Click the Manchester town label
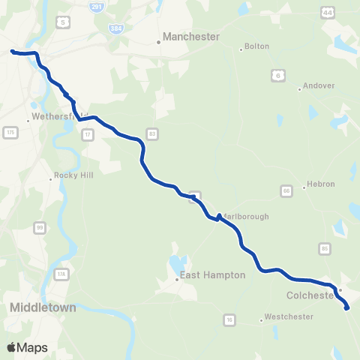[192, 36]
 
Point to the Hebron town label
[320, 184]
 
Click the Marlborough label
[244, 217]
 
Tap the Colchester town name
[309, 295]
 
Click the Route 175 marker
[10, 132]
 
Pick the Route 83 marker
[153, 134]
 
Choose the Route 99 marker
[39, 226]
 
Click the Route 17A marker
[60, 274]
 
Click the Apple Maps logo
[28, 347]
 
